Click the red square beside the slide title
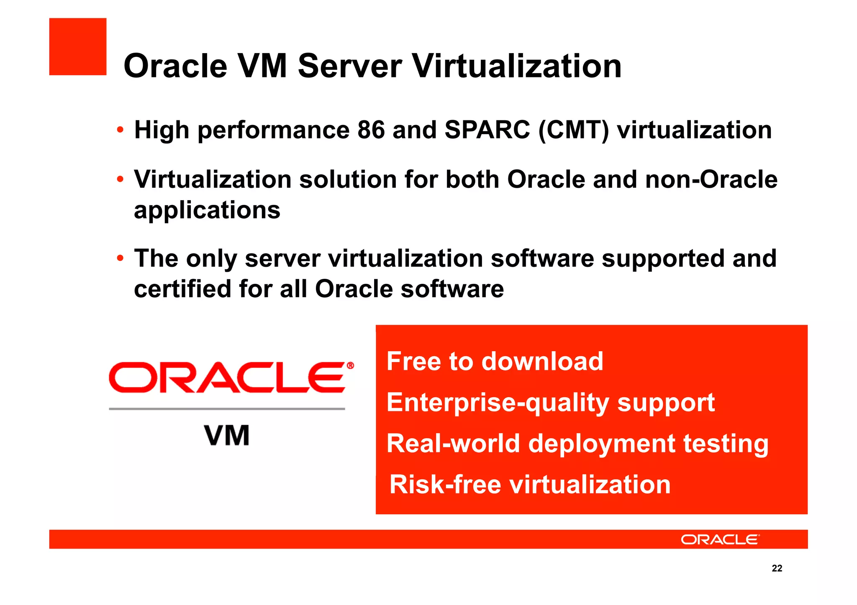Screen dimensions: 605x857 point(78,46)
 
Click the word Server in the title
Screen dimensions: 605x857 point(350,66)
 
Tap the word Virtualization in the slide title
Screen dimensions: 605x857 point(517,66)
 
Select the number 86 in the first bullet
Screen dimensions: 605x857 point(371,130)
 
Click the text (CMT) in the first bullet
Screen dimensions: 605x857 point(574,130)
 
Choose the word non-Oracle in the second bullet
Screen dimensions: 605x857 point(711,180)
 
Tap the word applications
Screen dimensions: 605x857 point(207,210)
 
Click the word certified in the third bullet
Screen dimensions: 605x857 point(182,289)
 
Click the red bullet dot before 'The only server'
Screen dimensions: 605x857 point(120,258)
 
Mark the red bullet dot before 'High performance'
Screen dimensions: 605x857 point(120,130)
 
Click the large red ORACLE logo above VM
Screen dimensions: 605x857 point(230,378)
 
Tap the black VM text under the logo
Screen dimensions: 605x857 point(227,436)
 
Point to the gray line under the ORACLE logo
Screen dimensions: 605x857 point(227,408)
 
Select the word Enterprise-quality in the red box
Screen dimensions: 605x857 point(498,403)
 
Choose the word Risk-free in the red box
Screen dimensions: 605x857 point(445,485)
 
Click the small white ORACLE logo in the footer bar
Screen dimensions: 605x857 point(720,540)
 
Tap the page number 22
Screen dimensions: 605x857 point(777,568)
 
